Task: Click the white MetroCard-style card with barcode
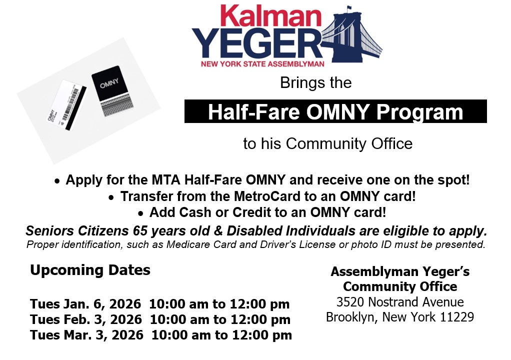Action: pos(70,105)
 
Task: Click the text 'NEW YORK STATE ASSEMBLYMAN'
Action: pos(262,64)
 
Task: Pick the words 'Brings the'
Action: pos(315,82)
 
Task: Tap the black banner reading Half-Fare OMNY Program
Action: pos(335,112)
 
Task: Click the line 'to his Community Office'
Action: pos(327,144)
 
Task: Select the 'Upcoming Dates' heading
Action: pos(90,270)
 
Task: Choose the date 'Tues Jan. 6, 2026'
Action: pos(86,304)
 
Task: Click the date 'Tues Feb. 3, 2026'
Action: pos(86,319)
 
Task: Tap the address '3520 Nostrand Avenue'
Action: pos(400,302)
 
